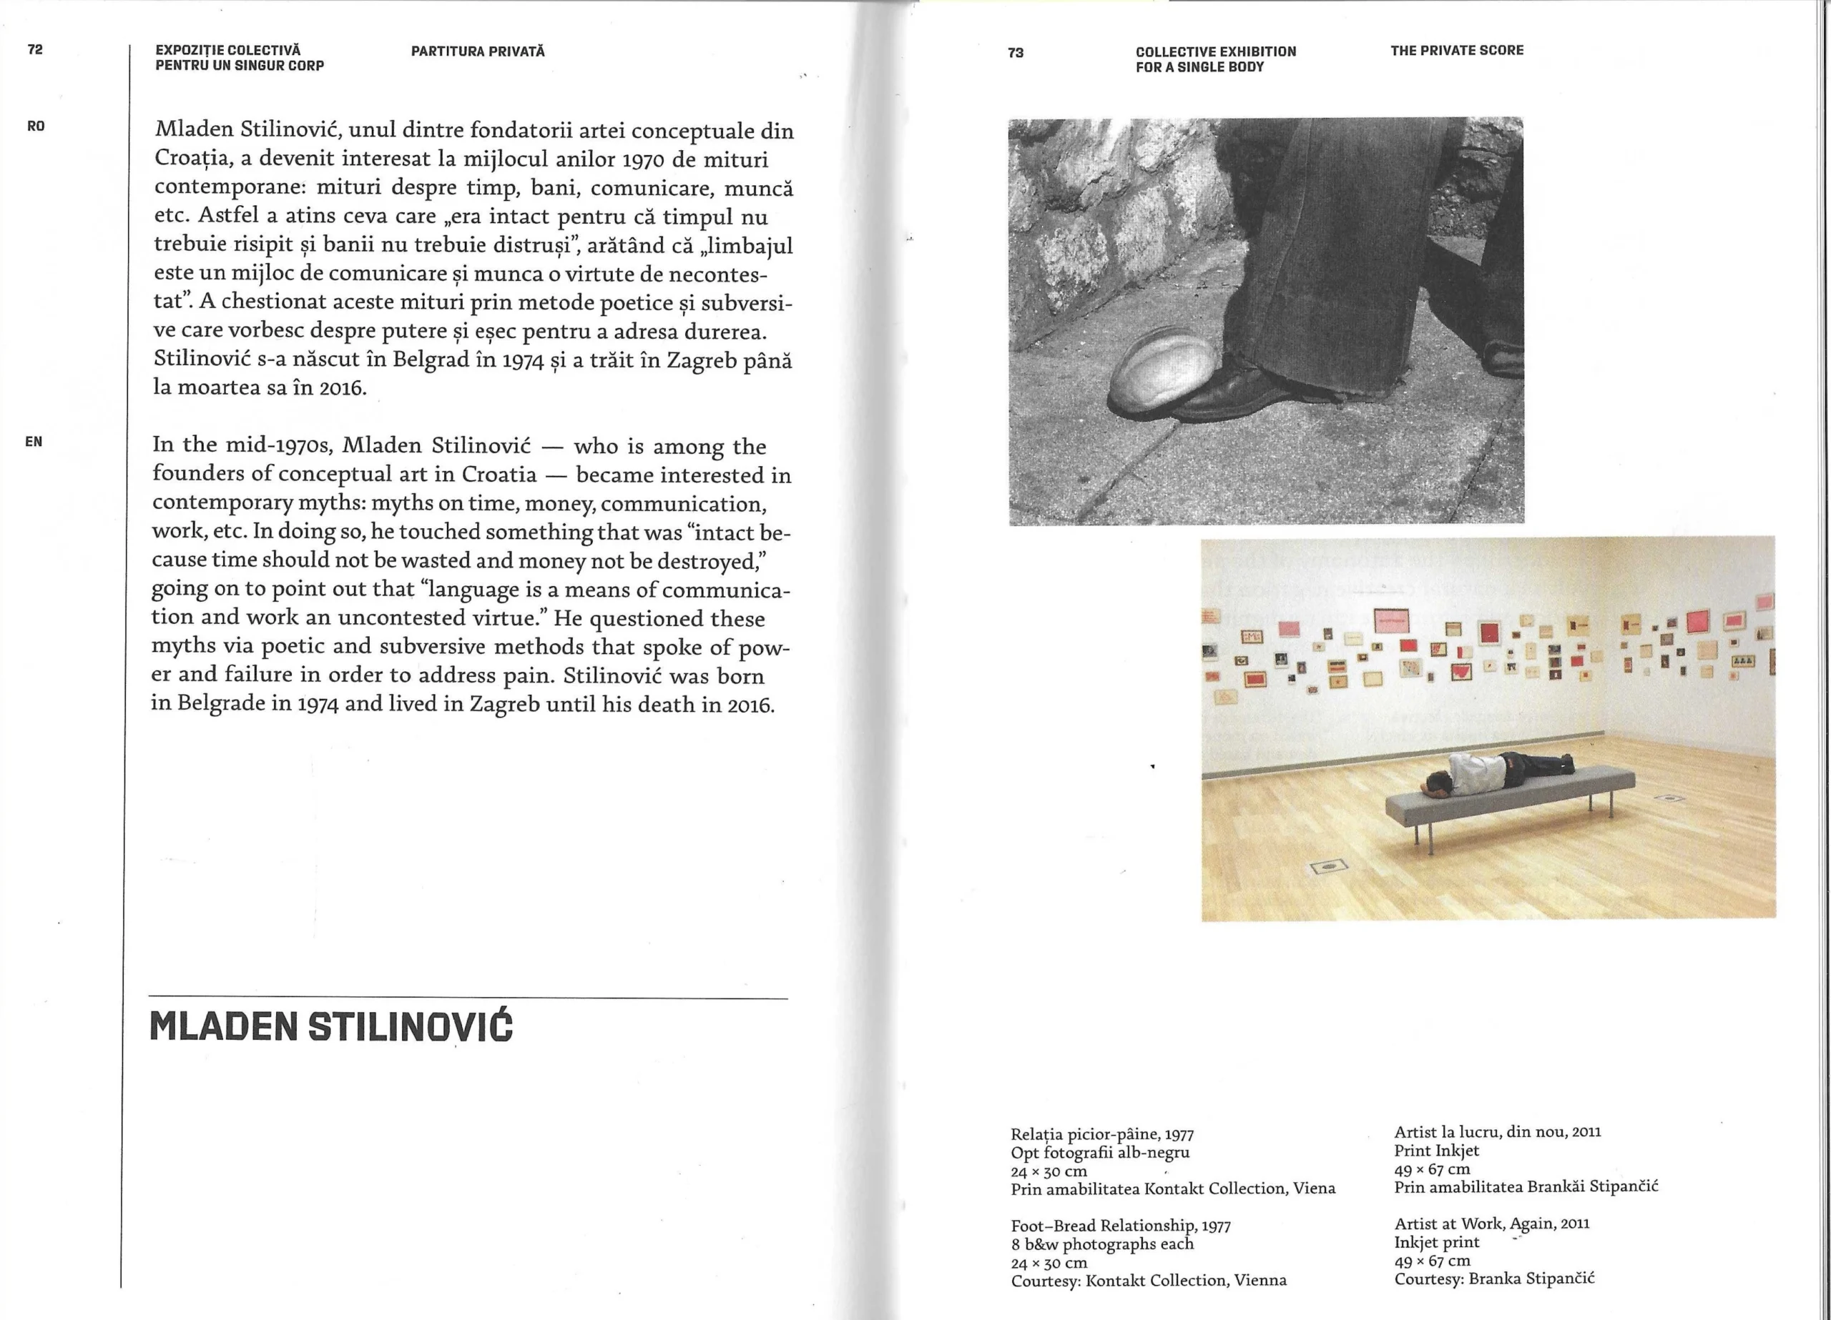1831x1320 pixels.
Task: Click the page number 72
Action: [35, 49]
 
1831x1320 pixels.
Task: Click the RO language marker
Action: [36, 126]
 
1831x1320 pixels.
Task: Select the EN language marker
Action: [34, 442]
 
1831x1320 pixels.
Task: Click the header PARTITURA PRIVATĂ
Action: [478, 51]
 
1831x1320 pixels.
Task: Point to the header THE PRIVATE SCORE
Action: [1456, 50]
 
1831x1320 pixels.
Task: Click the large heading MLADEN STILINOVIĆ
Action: [331, 1026]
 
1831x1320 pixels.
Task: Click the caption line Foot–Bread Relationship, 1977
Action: [1121, 1226]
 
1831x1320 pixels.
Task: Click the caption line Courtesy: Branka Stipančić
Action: [1493, 1278]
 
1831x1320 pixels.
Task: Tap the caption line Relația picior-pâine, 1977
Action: [1102, 1134]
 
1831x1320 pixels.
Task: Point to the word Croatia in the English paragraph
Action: [499, 475]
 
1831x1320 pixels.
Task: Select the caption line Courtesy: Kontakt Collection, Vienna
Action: [1148, 1281]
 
